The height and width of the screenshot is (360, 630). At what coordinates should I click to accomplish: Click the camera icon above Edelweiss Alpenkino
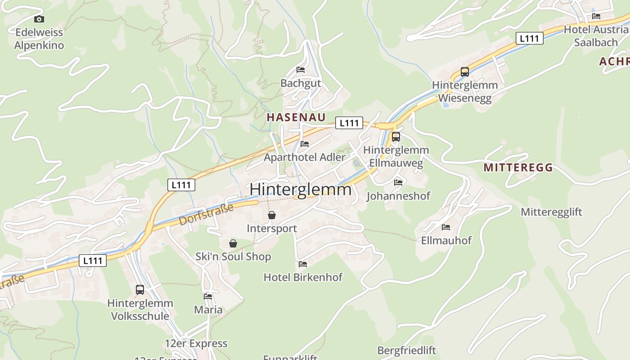tap(39, 19)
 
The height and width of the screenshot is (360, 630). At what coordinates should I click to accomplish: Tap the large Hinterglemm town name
tap(301, 189)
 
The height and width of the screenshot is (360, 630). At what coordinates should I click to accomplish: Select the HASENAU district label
tap(296, 117)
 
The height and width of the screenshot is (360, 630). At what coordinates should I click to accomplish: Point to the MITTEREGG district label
tap(518, 168)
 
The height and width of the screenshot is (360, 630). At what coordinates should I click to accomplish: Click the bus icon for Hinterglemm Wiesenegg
tap(465, 72)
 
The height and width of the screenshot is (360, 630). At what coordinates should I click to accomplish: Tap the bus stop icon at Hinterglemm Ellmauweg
tap(396, 137)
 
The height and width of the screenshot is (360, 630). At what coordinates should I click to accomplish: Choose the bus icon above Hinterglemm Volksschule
tap(140, 290)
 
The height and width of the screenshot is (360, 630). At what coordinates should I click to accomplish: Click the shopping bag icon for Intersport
tap(272, 216)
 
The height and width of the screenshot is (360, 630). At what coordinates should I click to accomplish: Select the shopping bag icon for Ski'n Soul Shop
tap(233, 244)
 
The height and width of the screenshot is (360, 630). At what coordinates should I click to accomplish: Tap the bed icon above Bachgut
tap(301, 70)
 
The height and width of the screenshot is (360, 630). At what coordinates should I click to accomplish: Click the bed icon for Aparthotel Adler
tap(305, 144)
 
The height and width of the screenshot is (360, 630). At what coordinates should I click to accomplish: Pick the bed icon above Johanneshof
tap(398, 182)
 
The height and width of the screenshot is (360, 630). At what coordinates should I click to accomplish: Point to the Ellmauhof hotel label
tap(446, 240)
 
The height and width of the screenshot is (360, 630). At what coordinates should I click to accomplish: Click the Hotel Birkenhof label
tap(303, 277)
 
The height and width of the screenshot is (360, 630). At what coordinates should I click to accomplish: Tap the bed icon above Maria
tap(208, 297)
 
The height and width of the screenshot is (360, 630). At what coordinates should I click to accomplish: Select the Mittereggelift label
tap(551, 212)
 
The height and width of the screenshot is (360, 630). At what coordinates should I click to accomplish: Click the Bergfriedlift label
tap(407, 350)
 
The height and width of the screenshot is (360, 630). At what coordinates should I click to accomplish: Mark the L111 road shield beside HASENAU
tap(349, 123)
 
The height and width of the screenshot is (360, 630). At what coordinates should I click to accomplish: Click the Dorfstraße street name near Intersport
tap(207, 215)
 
